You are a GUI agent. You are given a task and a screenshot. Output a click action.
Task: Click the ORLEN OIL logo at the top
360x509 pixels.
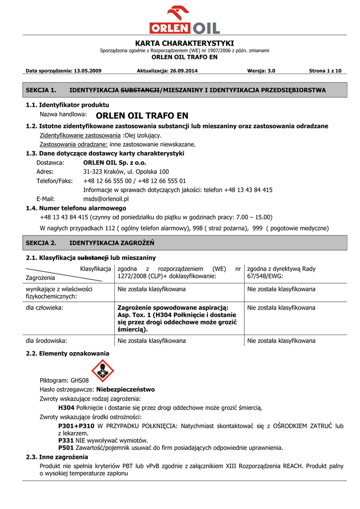coord(184,20)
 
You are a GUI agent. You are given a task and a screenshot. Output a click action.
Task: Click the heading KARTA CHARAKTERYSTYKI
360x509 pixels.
coord(184,43)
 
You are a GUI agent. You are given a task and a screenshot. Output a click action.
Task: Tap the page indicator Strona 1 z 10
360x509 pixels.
coord(325,71)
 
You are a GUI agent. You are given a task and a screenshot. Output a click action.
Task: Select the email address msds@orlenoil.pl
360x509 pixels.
coord(106,199)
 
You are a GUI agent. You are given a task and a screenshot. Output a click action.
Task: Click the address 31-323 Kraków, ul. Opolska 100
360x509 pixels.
coord(126,171)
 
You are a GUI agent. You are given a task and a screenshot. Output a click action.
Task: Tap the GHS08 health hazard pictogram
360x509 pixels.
coord(103,371)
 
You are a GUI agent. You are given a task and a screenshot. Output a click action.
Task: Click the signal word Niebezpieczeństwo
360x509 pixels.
coord(125,389)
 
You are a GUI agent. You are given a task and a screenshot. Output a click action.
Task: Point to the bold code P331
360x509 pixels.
coord(66,440)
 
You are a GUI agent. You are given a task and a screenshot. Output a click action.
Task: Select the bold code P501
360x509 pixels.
coord(66,447)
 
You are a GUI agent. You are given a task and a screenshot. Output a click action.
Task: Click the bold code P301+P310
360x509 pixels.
coord(76,426)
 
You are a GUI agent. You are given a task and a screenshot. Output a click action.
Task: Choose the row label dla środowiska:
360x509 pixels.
coord(47,341)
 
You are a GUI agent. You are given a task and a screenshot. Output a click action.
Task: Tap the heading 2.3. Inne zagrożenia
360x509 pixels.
coord(57,457)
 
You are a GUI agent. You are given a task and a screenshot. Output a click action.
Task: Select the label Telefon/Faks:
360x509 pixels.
coord(55,180)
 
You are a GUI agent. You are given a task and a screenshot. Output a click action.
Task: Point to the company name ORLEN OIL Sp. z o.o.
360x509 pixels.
coord(115,163)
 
